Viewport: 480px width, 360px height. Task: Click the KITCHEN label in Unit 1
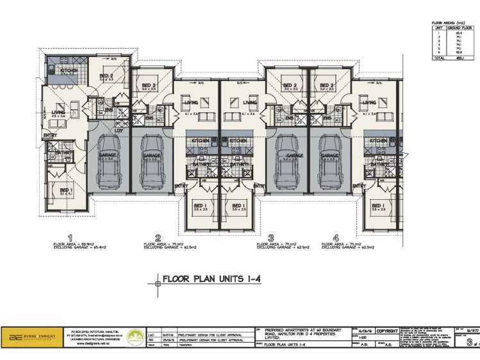tap(69, 70)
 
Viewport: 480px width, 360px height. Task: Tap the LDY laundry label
tap(119, 131)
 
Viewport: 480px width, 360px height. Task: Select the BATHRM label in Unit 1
tap(63, 153)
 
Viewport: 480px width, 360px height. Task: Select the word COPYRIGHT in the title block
tap(388, 331)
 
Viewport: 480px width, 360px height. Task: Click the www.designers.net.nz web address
tap(90, 343)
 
